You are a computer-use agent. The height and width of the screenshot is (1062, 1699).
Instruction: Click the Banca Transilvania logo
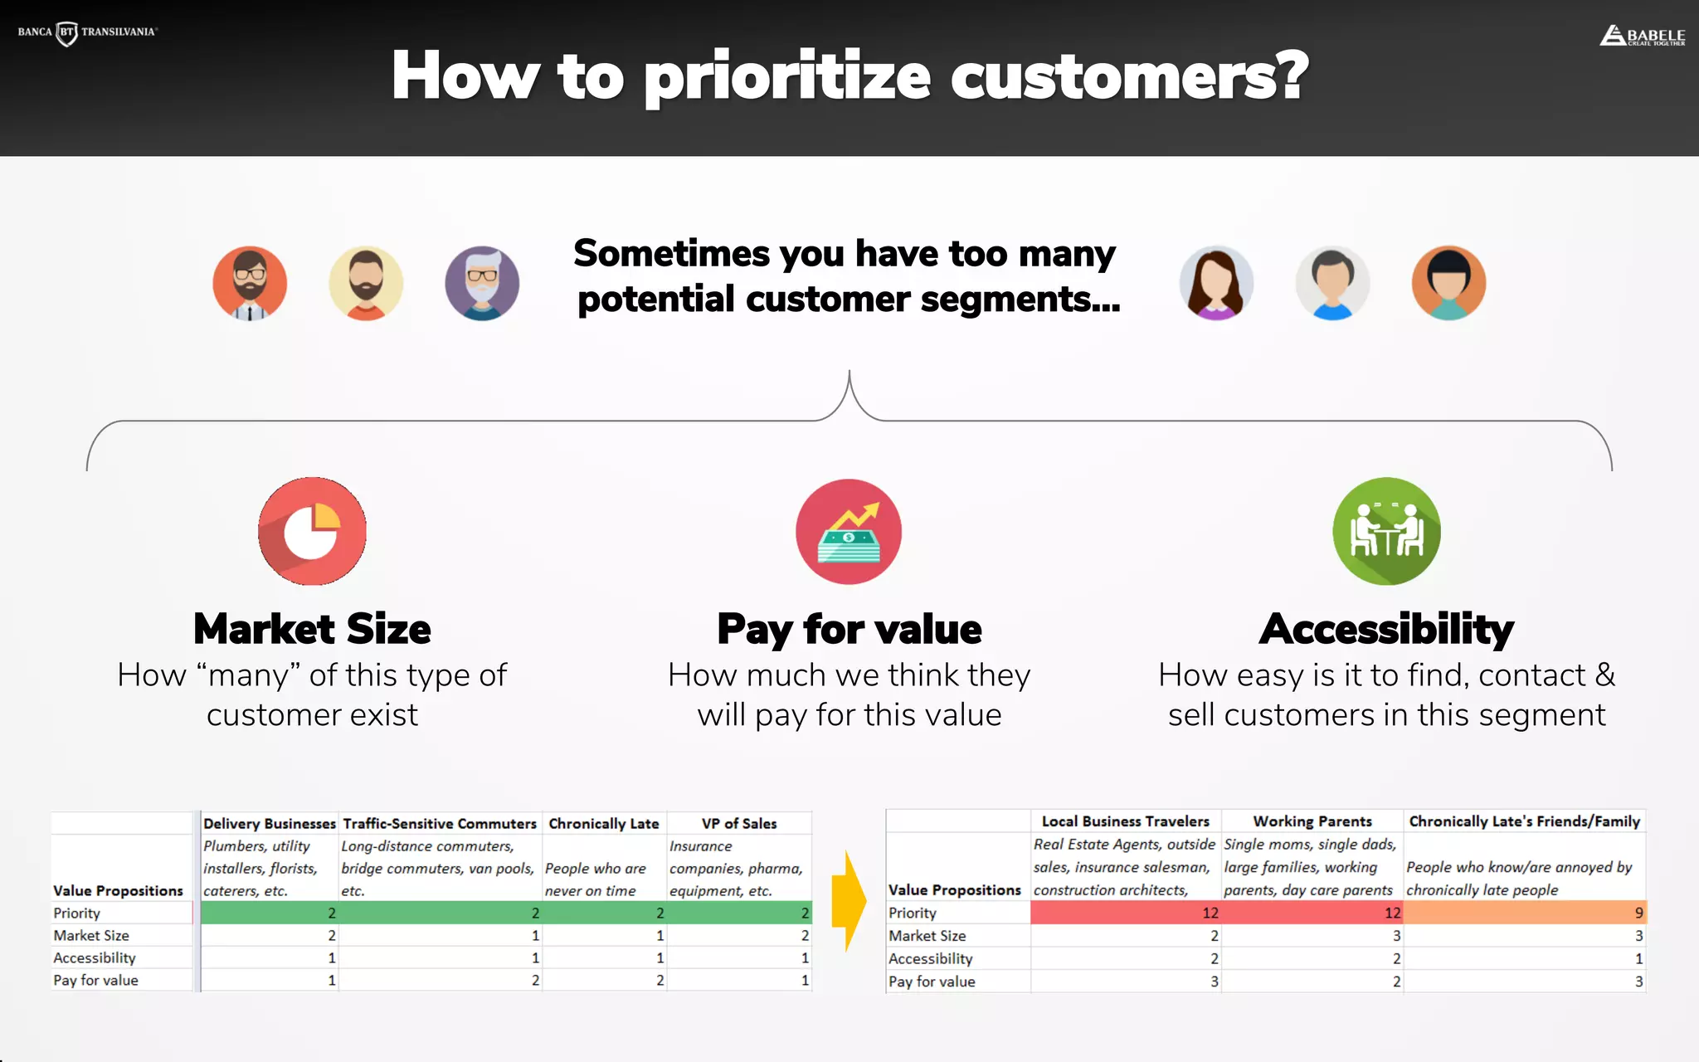click(x=87, y=32)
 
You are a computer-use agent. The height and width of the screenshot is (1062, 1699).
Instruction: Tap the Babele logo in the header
click(x=1642, y=36)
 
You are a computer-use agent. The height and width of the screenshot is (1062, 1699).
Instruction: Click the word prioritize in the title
click(x=787, y=76)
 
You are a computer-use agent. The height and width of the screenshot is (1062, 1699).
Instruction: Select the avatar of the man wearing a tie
click(x=250, y=283)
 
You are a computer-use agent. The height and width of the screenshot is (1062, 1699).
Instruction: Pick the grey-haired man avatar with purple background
click(x=482, y=283)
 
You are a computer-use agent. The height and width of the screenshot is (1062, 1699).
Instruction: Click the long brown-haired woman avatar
click(x=1216, y=283)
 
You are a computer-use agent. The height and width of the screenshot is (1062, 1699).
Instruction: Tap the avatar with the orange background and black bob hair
click(x=1448, y=283)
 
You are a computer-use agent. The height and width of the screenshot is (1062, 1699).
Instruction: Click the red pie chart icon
click(x=312, y=531)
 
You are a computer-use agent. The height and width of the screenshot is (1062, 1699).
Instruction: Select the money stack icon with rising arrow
click(x=849, y=532)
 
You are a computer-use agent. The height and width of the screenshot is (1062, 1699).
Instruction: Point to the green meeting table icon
click(x=1386, y=531)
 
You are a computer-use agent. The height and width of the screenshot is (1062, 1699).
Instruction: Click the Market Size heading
click(x=312, y=629)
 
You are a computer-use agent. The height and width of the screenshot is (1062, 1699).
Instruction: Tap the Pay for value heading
click(x=849, y=629)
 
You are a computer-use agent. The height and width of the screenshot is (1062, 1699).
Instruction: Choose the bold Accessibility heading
click(x=1386, y=629)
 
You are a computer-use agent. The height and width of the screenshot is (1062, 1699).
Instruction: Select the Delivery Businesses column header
click(x=270, y=823)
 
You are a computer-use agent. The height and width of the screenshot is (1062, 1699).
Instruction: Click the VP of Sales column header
click(x=739, y=823)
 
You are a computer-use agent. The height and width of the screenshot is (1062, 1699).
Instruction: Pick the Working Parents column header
click(x=1312, y=821)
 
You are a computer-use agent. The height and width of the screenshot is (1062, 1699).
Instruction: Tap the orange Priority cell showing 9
click(x=1525, y=913)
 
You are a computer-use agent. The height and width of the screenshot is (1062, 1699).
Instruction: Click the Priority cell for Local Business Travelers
click(x=1126, y=913)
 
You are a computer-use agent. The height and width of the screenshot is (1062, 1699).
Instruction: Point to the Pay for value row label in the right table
click(x=932, y=982)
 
